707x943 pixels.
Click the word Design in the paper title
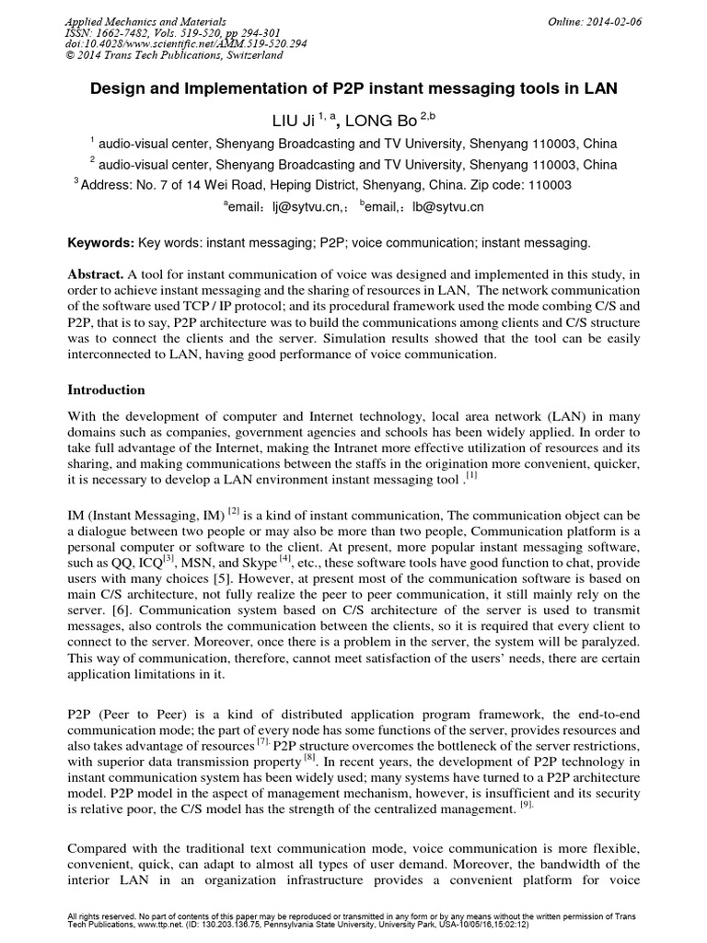[x=113, y=88]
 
